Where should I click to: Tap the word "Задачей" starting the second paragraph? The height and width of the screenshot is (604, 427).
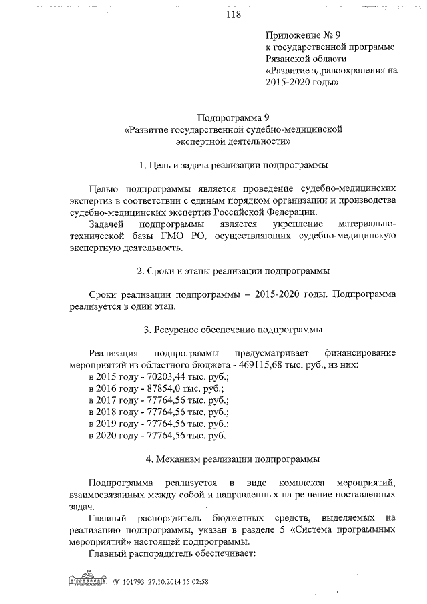pos(108,224)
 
